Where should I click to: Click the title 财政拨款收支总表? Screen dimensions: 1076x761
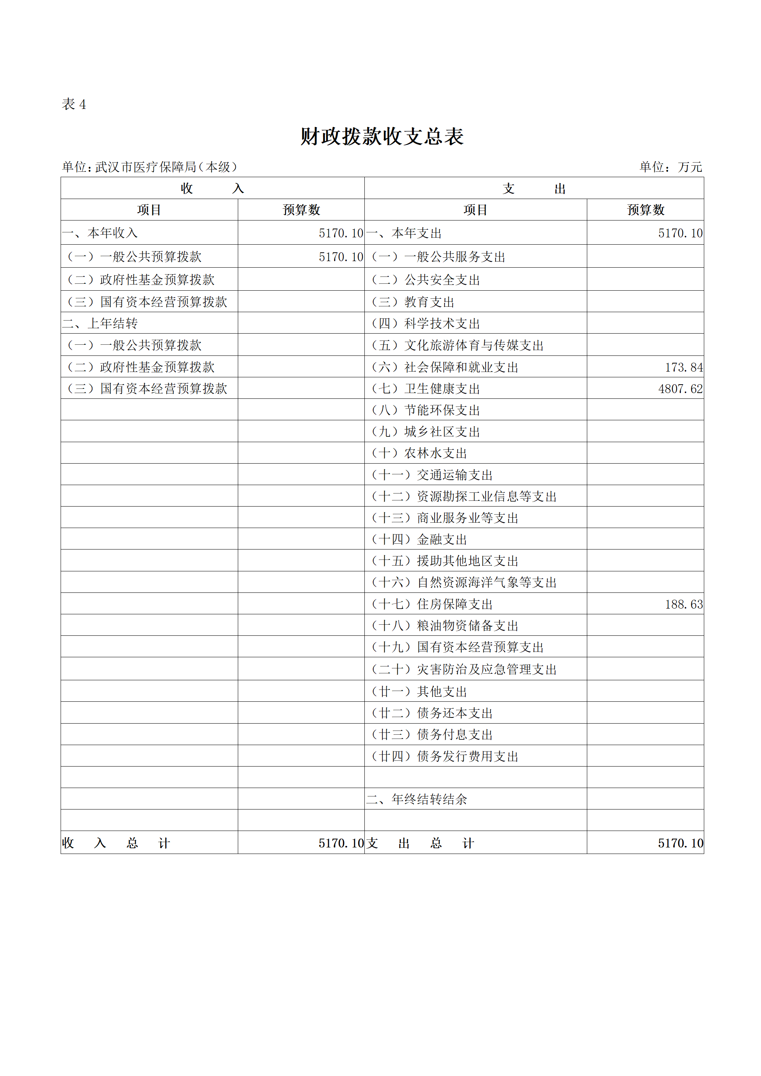[382, 137]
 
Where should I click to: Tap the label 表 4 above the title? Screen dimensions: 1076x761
[74, 104]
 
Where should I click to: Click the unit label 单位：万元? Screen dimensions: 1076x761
[670, 167]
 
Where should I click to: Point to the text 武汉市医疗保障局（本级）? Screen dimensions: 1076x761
[166, 167]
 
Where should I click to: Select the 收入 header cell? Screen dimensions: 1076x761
[212, 188]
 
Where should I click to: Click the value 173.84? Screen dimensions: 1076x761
[683, 367]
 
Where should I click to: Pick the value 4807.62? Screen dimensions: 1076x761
[680, 389]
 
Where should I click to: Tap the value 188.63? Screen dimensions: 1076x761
[683, 605]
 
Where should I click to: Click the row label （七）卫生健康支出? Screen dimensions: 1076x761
[425, 389]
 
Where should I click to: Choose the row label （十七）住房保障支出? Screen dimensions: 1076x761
[432, 605]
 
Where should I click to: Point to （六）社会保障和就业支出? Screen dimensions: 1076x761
[445, 367]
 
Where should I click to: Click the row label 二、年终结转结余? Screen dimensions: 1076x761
[417, 799]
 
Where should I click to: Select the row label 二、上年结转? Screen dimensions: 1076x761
[100, 323]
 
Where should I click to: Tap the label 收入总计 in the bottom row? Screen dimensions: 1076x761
[116, 843]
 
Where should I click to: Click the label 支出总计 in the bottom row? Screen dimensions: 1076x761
[420, 843]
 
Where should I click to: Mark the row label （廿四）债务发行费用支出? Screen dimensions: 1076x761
[445, 757]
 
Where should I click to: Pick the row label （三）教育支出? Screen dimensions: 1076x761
[413, 302]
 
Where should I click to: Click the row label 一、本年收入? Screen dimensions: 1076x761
[100, 233]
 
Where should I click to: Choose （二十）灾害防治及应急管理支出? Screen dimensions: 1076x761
[463, 669]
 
